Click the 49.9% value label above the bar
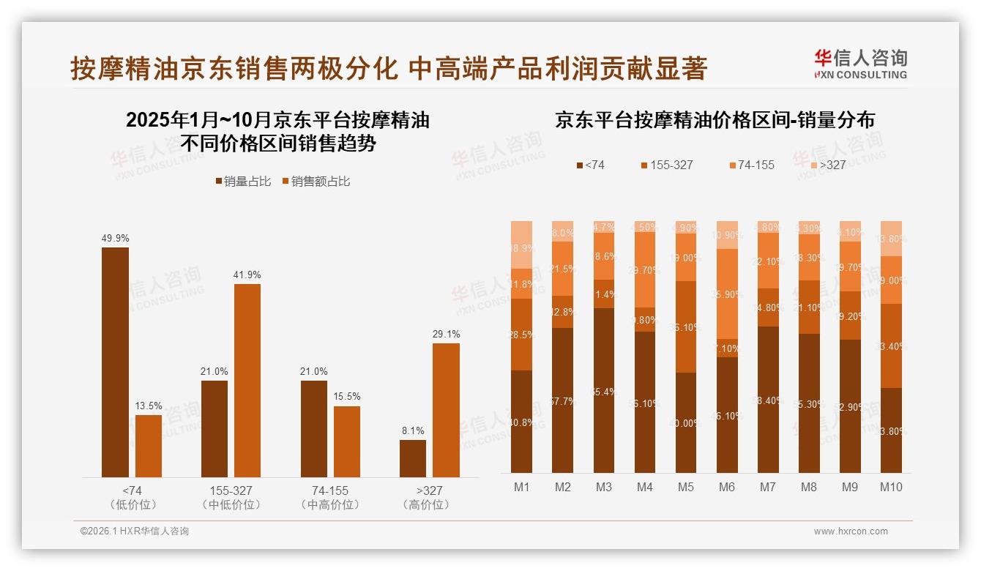click(115, 238)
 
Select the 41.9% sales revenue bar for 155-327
click(247, 381)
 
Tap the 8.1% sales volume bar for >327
click(412, 458)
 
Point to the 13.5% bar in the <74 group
click(149, 446)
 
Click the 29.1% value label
click(446, 334)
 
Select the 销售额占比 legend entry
click(316, 182)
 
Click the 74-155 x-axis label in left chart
click(329, 490)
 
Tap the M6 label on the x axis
click(726, 487)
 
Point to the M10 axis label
click(891, 487)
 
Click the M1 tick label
click(521, 487)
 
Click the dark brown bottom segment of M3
click(603, 390)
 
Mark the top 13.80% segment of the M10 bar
click(891, 239)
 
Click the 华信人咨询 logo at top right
click(861, 64)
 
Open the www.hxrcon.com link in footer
click(851, 531)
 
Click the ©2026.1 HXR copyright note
click(134, 531)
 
